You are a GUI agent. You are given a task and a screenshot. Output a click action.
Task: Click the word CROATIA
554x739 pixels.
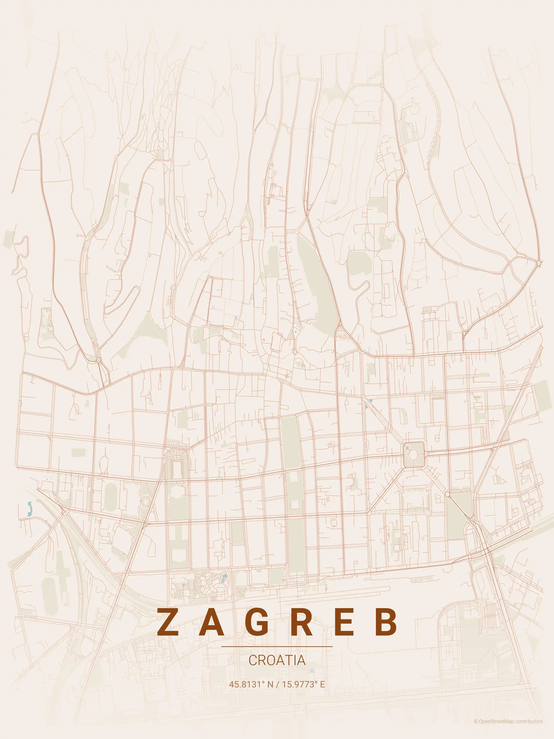tap(277, 660)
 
